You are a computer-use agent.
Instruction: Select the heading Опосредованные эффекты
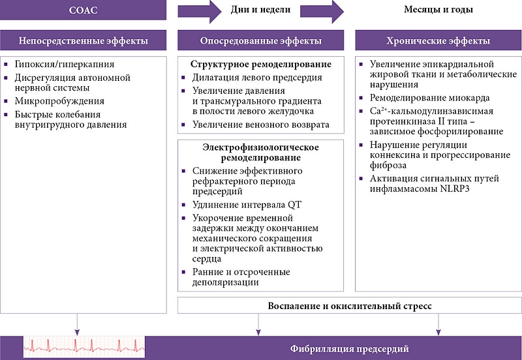point(260,41)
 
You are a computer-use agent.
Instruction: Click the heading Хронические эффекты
point(438,41)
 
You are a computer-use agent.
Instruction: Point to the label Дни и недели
point(261,10)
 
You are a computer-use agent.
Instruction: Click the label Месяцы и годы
point(438,10)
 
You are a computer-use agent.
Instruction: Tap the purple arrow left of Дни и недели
point(196,10)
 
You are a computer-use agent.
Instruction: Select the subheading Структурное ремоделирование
point(260,65)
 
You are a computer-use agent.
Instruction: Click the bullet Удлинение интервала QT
point(247,204)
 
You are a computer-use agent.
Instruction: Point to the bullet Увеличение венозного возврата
point(260,125)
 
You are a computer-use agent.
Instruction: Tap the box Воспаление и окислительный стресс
point(349,305)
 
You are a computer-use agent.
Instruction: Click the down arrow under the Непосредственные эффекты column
point(78,322)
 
